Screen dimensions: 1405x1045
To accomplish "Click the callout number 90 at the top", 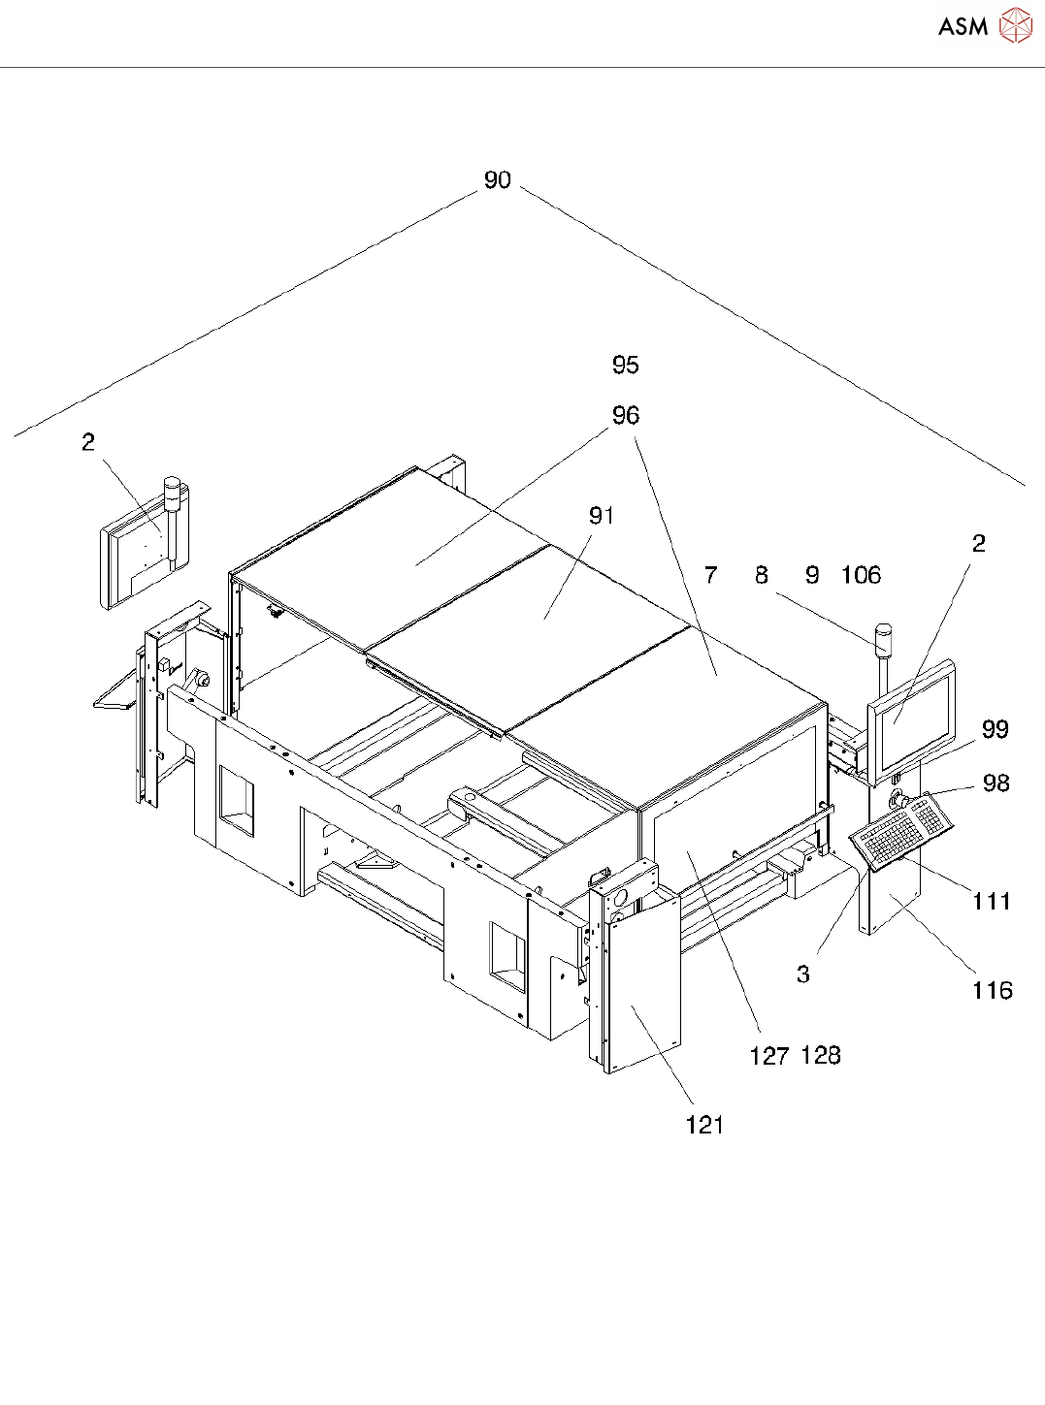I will tap(497, 180).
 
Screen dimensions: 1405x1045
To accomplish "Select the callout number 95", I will tap(626, 366).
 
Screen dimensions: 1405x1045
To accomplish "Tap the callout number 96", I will tap(626, 416).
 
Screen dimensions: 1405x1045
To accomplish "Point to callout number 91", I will tap(602, 516).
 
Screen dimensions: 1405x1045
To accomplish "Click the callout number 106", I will tap(861, 576).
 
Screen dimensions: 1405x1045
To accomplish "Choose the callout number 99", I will tap(996, 730).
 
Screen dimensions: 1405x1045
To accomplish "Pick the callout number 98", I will tap(996, 783).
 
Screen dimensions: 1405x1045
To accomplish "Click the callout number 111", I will tap(992, 902).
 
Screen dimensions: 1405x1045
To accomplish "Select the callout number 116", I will tap(993, 991).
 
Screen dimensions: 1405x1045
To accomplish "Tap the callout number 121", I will tap(705, 1126).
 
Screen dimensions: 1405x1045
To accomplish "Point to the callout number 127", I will tap(769, 1057).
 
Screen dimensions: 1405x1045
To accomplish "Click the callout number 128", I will tap(821, 1056).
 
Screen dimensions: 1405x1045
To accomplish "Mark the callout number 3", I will tap(803, 974).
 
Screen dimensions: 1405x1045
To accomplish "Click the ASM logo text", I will tap(963, 27).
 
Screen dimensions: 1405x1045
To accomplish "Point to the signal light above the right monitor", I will tap(884, 640).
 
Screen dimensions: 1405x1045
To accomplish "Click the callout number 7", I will tap(711, 576).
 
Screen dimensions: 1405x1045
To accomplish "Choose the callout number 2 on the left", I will tap(88, 443).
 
